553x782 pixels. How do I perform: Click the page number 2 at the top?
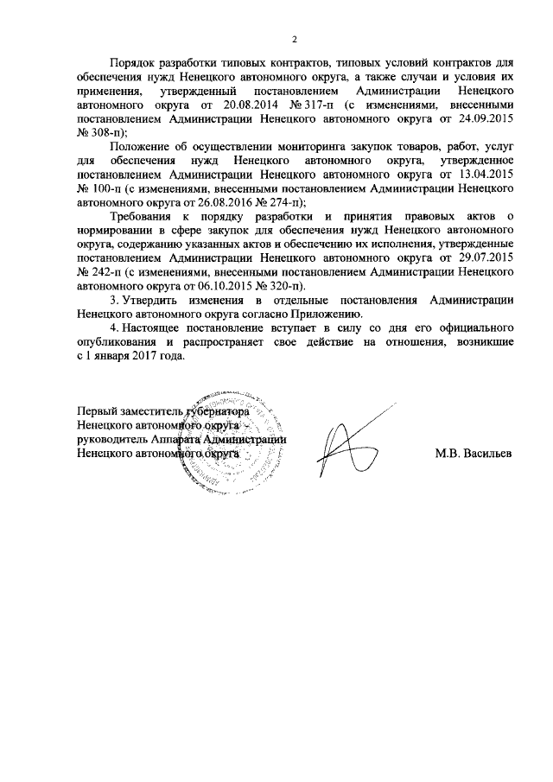pyautogui.click(x=295, y=39)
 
